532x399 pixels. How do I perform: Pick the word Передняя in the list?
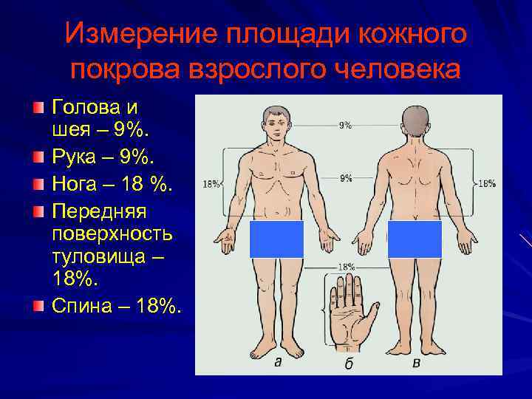coord(100,211)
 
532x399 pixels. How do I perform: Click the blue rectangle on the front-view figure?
coord(277,239)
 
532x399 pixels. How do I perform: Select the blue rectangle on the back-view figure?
coord(415,239)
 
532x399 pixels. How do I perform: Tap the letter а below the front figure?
coord(278,362)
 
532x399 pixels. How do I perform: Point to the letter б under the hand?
coord(349,364)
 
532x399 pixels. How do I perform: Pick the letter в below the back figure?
coord(417,362)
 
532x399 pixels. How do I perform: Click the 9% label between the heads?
coord(345,126)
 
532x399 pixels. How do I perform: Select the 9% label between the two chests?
coord(345,178)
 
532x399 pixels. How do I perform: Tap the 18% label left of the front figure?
coord(211,184)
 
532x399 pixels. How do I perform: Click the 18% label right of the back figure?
coord(486,183)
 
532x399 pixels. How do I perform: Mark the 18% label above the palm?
coord(346,266)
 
